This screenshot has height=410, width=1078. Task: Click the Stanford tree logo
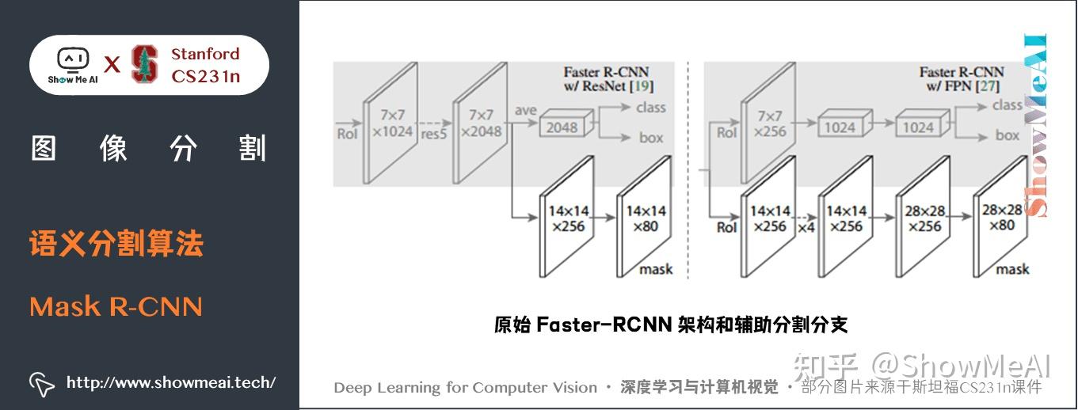(144, 65)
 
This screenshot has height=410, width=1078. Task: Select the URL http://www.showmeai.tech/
(171, 382)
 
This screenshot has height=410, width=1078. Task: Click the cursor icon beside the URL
(41, 383)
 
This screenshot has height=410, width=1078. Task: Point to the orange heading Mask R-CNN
(116, 306)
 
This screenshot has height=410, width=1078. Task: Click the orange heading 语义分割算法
(116, 244)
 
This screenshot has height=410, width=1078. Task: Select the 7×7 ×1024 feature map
(389, 123)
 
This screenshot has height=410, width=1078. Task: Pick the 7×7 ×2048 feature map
(479, 123)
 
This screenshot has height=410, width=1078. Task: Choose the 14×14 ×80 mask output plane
(645, 218)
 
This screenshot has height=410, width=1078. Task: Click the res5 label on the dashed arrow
(433, 133)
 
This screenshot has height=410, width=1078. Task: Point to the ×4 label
(806, 226)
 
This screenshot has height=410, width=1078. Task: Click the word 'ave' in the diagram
(525, 110)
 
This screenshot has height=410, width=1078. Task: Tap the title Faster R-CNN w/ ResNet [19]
(608, 78)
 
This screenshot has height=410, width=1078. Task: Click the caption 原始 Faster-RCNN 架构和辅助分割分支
(670, 325)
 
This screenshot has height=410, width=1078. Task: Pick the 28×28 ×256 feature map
(923, 218)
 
